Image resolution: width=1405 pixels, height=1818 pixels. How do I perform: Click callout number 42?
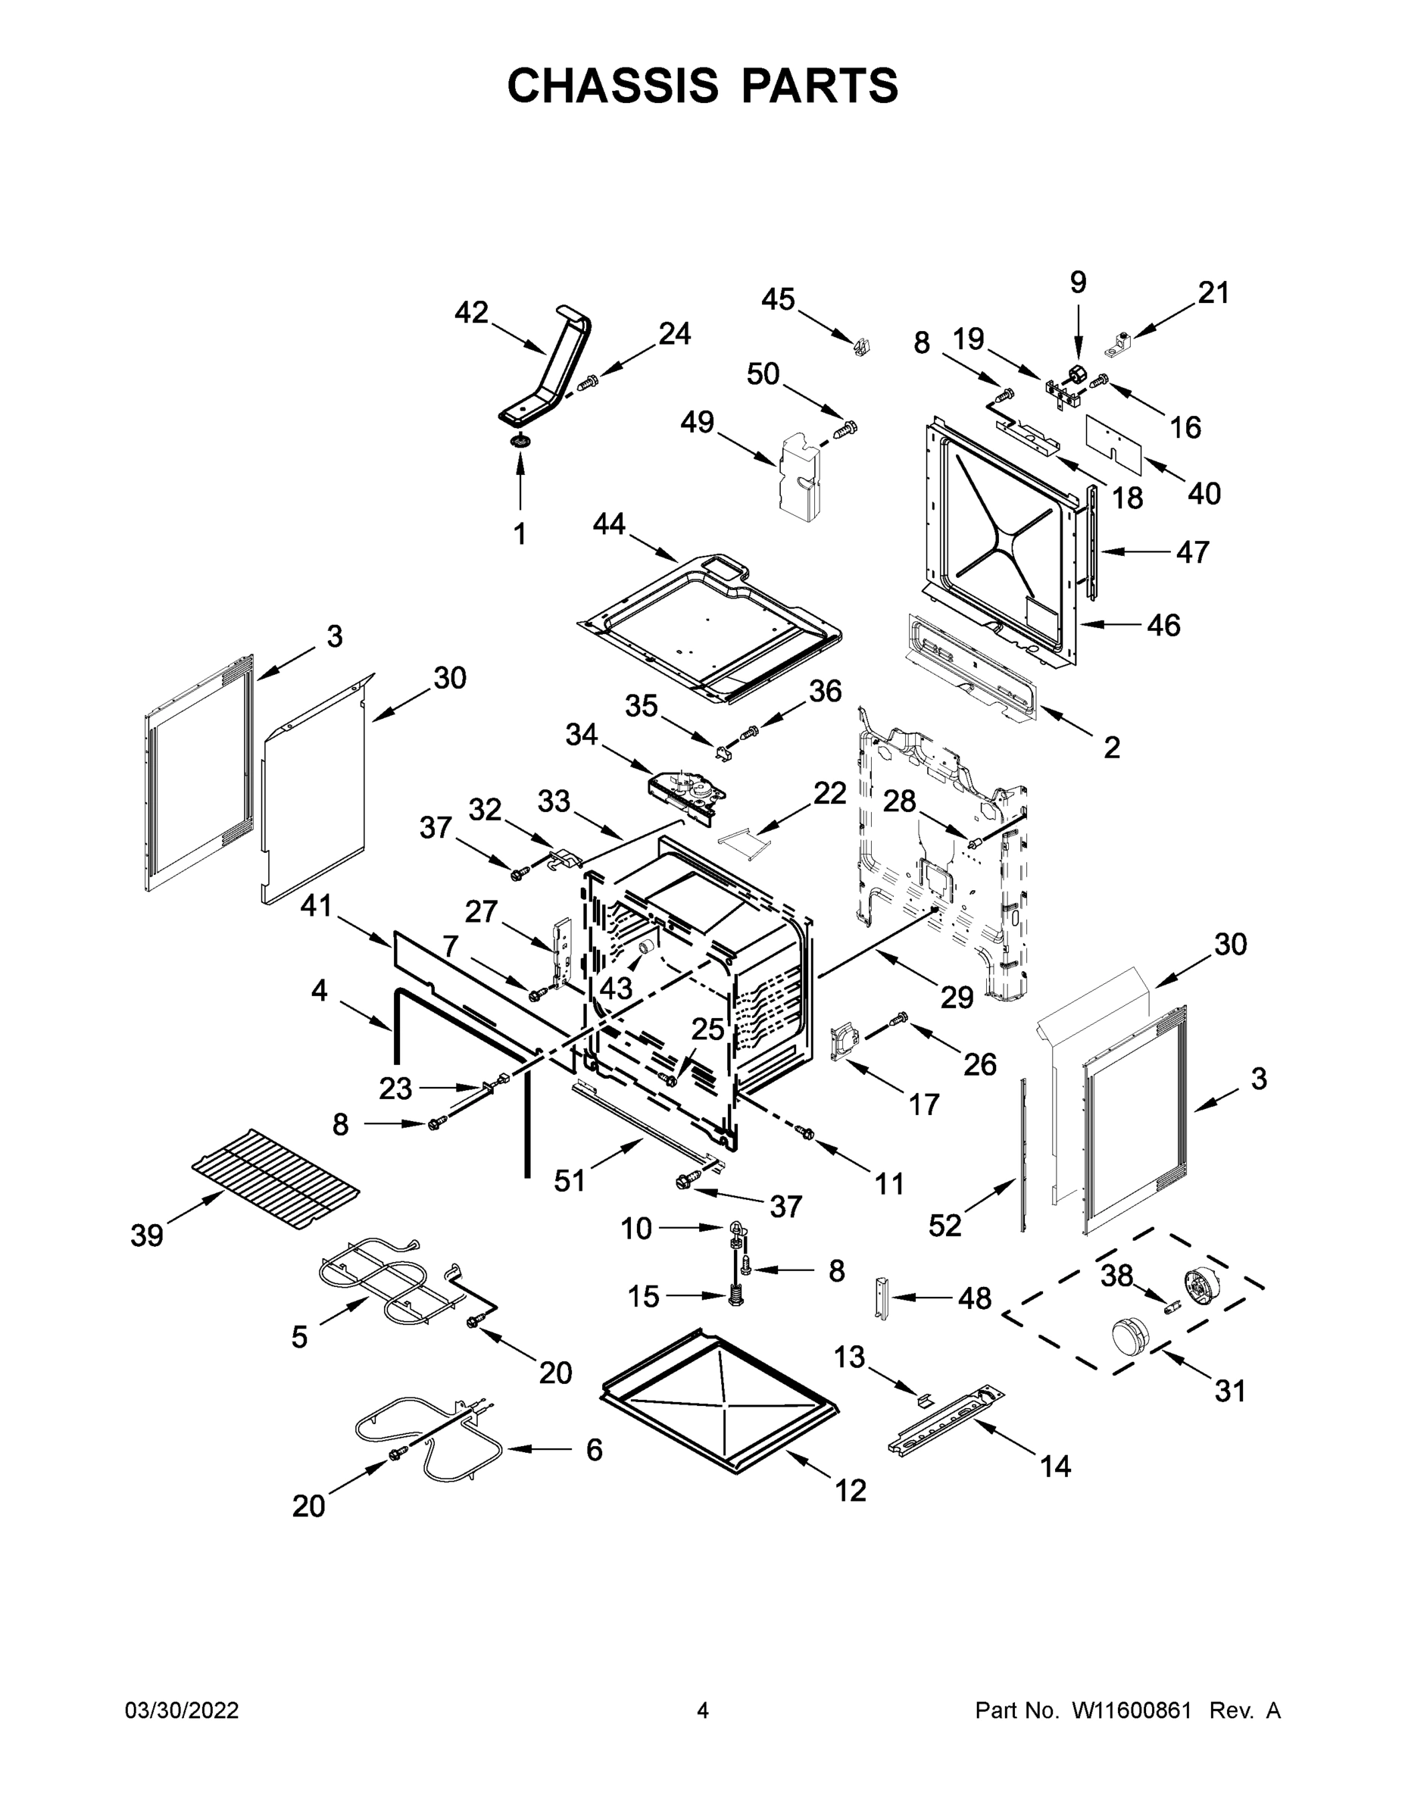tap(471, 313)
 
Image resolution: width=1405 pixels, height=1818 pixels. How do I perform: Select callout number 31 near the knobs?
tap(1229, 1390)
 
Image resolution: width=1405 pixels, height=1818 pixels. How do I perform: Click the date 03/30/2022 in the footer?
tap(182, 1710)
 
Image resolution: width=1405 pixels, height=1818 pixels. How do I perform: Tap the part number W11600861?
tap(1132, 1710)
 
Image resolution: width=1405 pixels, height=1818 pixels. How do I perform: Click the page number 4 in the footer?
tap(703, 1710)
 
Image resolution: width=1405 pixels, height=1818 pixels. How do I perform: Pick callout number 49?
tap(697, 422)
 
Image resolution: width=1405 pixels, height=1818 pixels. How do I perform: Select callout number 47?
tap(1192, 552)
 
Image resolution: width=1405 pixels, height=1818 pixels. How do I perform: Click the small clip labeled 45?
tap(861, 345)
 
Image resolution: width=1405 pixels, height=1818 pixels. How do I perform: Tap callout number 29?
tap(957, 996)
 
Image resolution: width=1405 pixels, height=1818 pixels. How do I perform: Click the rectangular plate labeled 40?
tap(1112, 437)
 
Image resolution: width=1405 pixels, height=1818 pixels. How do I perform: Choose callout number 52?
tap(944, 1226)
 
